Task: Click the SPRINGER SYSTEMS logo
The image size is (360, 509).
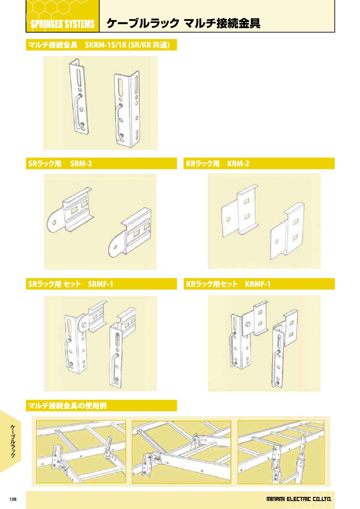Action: pyautogui.click(x=63, y=24)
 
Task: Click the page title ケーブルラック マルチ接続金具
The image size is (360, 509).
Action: pyautogui.click(x=183, y=23)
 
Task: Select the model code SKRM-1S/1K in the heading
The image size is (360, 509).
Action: pyautogui.click(x=105, y=45)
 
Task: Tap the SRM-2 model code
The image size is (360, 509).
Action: pyautogui.click(x=81, y=164)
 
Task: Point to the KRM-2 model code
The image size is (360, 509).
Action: pyautogui.click(x=238, y=164)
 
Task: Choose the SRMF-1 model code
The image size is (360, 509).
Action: pyautogui.click(x=100, y=284)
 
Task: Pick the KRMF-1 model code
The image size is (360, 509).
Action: pyautogui.click(x=258, y=284)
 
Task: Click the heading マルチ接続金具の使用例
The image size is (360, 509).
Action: pyautogui.click(x=67, y=406)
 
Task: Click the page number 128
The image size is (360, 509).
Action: pyautogui.click(x=13, y=499)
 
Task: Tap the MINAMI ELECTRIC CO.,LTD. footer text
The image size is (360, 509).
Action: pyautogui.click(x=298, y=499)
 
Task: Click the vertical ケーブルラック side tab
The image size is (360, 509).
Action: pyautogui.click(x=13, y=441)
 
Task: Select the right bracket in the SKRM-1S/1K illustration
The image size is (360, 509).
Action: pyautogui.click(x=127, y=109)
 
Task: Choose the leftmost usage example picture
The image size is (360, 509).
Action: pyautogui.click(x=81, y=452)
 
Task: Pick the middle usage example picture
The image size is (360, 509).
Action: pyautogui.click(x=181, y=452)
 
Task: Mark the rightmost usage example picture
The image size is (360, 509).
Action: pyautogui.click(x=281, y=452)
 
